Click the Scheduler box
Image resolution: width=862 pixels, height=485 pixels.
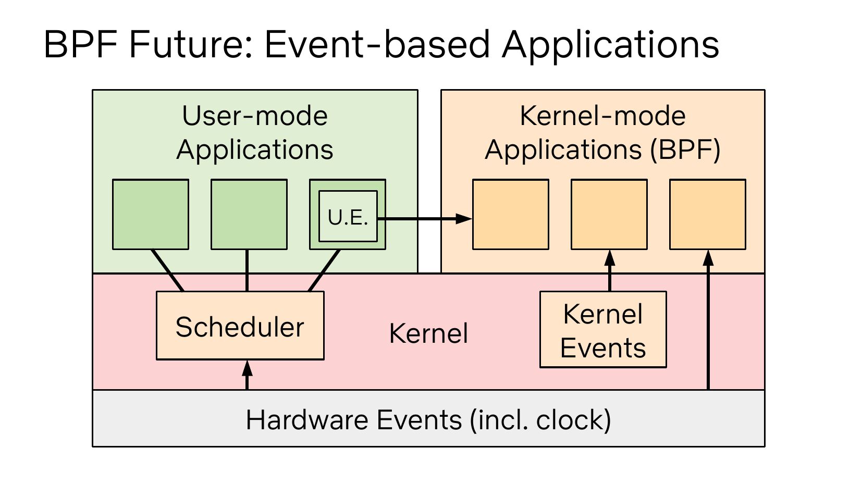[x=240, y=326]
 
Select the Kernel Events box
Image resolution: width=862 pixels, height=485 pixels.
[x=603, y=330]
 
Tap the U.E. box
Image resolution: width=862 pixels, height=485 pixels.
[x=348, y=216]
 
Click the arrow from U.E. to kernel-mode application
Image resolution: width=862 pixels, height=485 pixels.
[x=425, y=219]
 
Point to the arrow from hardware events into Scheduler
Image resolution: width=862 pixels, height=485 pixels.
[x=247, y=375]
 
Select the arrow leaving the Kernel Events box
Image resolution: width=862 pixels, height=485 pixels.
[x=610, y=270]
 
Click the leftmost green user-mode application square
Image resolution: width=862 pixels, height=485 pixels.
[x=151, y=214]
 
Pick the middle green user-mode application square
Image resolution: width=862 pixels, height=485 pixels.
[x=249, y=214]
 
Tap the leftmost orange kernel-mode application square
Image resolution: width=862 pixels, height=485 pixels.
[x=511, y=214]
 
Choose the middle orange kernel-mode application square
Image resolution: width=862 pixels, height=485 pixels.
[x=609, y=214]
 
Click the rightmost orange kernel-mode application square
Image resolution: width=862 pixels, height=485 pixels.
[x=708, y=214]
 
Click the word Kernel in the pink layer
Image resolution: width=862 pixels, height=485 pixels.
[x=429, y=333]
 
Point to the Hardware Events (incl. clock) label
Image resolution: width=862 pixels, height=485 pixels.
[x=428, y=419]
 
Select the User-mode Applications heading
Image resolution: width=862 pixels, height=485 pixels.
[x=255, y=132]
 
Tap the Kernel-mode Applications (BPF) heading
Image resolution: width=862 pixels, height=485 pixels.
[x=602, y=132]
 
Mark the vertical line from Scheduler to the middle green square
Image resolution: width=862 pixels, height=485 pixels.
[x=247, y=271]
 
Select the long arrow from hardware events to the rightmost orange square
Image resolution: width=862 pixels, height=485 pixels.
[x=708, y=320]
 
